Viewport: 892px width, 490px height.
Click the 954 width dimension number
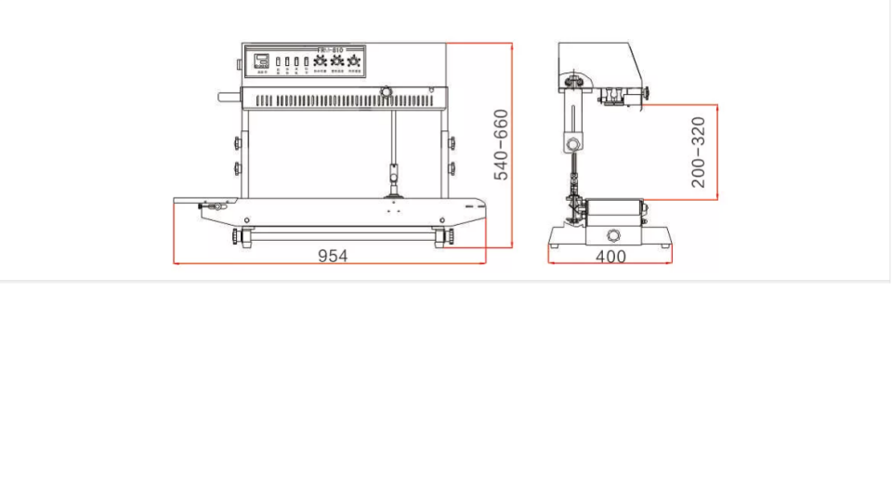tap(333, 256)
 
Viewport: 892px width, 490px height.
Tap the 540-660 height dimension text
tap(501, 145)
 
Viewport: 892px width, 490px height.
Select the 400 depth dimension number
tap(610, 257)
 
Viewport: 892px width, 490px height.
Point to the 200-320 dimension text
tap(699, 152)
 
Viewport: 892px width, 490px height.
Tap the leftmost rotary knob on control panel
tap(320, 61)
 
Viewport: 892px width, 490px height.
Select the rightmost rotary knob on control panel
tap(354, 61)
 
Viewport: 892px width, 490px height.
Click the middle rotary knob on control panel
tap(337, 61)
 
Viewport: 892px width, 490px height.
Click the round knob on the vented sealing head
tap(386, 93)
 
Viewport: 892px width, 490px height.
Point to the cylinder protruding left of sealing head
tap(229, 96)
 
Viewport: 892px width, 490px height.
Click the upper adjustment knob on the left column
tap(238, 142)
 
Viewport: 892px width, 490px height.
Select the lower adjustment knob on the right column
tap(452, 168)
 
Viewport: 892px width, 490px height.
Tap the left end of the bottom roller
tap(244, 239)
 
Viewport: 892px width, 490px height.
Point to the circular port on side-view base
tap(613, 235)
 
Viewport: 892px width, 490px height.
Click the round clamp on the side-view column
tap(573, 143)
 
